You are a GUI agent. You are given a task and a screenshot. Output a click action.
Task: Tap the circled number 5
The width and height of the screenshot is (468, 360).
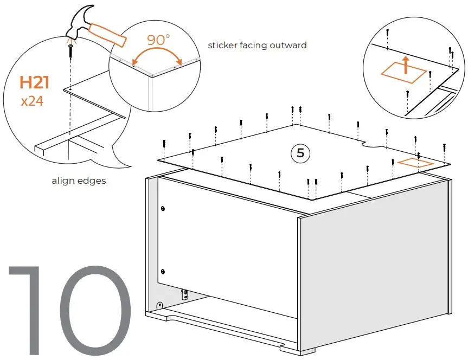point(300,153)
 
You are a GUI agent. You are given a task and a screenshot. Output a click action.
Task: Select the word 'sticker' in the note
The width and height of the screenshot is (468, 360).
point(222,45)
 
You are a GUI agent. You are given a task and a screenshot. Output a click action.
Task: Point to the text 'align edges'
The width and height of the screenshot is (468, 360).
point(79,181)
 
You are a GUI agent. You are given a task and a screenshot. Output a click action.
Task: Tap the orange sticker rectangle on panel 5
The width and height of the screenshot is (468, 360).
point(415,163)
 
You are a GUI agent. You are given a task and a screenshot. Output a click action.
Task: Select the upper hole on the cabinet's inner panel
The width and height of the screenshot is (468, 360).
point(163,208)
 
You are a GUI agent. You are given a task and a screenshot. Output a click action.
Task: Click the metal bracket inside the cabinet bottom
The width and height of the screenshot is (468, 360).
point(185,294)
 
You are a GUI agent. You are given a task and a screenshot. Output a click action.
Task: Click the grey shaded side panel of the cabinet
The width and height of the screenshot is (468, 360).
point(374,260)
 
